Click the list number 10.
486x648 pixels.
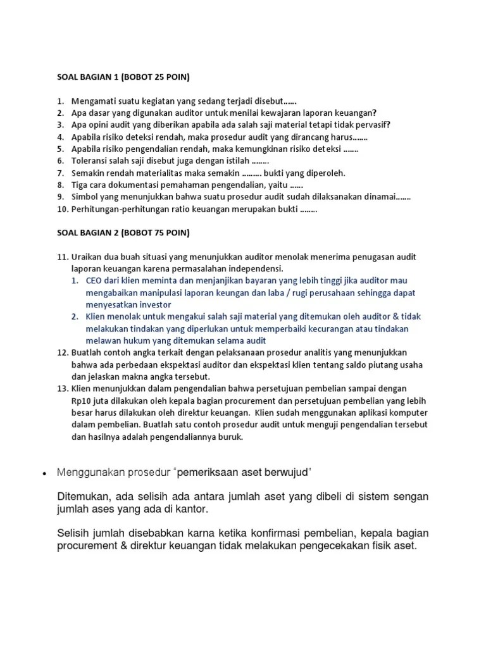[63, 209]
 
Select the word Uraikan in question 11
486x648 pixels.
[87, 256]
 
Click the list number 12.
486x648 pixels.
[63, 352]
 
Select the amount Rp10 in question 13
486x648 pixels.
[82, 401]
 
